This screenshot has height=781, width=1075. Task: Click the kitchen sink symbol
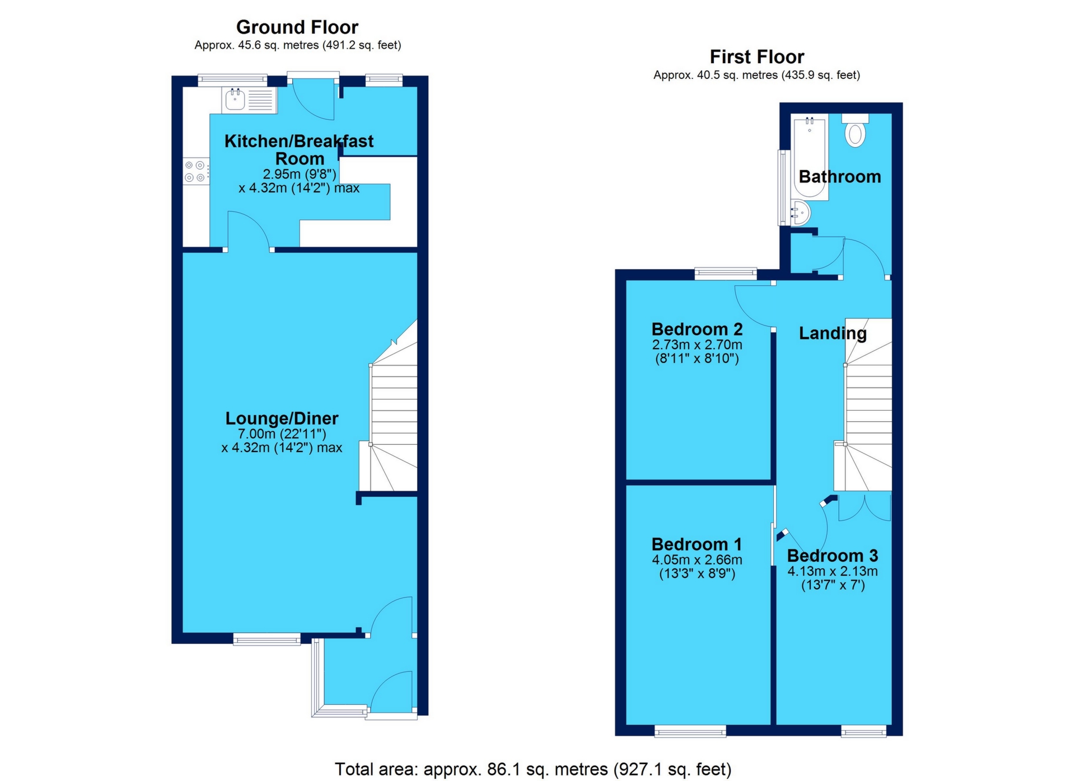point(235,100)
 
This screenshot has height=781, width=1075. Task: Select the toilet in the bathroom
point(855,133)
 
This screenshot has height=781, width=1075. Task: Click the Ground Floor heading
point(297,27)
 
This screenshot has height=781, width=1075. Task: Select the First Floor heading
point(756,57)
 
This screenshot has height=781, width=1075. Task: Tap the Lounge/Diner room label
point(282,418)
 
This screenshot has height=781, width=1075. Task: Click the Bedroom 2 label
point(697,329)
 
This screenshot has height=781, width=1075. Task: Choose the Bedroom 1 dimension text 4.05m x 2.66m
point(697,560)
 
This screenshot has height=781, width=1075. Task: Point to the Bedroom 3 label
point(832,556)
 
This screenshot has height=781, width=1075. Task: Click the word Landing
point(832,333)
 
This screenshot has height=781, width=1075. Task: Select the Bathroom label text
point(839,177)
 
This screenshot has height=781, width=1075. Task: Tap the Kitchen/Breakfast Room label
point(298,149)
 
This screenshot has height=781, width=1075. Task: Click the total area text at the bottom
point(532,769)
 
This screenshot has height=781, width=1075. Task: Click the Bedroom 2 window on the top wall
point(725,274)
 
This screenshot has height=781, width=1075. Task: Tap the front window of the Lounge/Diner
point(267,639)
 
